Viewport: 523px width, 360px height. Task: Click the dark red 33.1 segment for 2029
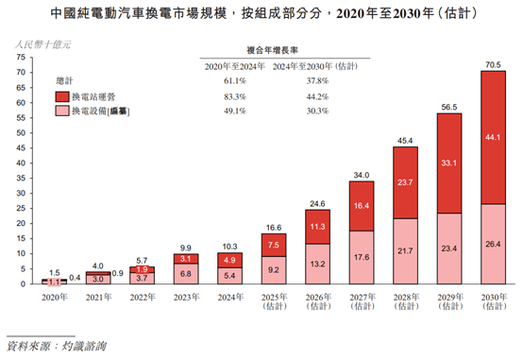pos(448,163)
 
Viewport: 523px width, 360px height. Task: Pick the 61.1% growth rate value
pos(232,81)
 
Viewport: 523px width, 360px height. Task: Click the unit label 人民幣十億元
pos(37,43)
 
